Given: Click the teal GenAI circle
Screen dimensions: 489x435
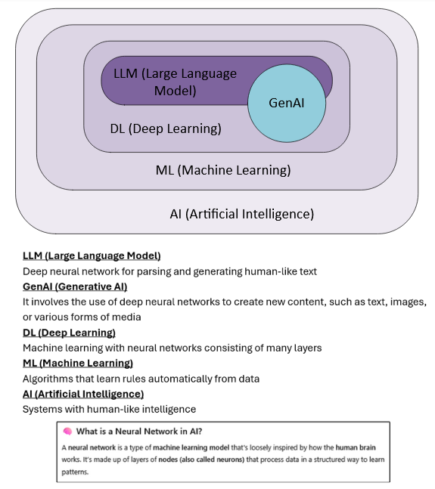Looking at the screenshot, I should click(287, 103).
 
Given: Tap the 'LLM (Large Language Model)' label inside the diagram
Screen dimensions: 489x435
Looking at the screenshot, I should click(174, 82).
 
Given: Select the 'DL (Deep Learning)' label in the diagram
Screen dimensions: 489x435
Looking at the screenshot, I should click(166, 128).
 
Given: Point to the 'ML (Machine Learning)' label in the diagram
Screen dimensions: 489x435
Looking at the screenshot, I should click(222, 170).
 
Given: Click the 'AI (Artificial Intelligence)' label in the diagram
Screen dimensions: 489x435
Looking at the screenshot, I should click(241, 214).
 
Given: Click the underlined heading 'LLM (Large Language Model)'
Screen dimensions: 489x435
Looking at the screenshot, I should click(92, 255).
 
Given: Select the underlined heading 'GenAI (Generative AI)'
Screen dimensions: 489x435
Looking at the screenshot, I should click(75, 286).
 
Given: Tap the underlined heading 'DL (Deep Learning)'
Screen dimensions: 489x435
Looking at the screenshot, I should click(69, 333).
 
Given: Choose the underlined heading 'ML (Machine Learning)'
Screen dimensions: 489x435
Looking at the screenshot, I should click(78, 364).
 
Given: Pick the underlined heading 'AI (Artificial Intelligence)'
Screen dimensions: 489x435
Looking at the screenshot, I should click(83, 394).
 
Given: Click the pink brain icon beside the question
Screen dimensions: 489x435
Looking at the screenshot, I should click(67, 431).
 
